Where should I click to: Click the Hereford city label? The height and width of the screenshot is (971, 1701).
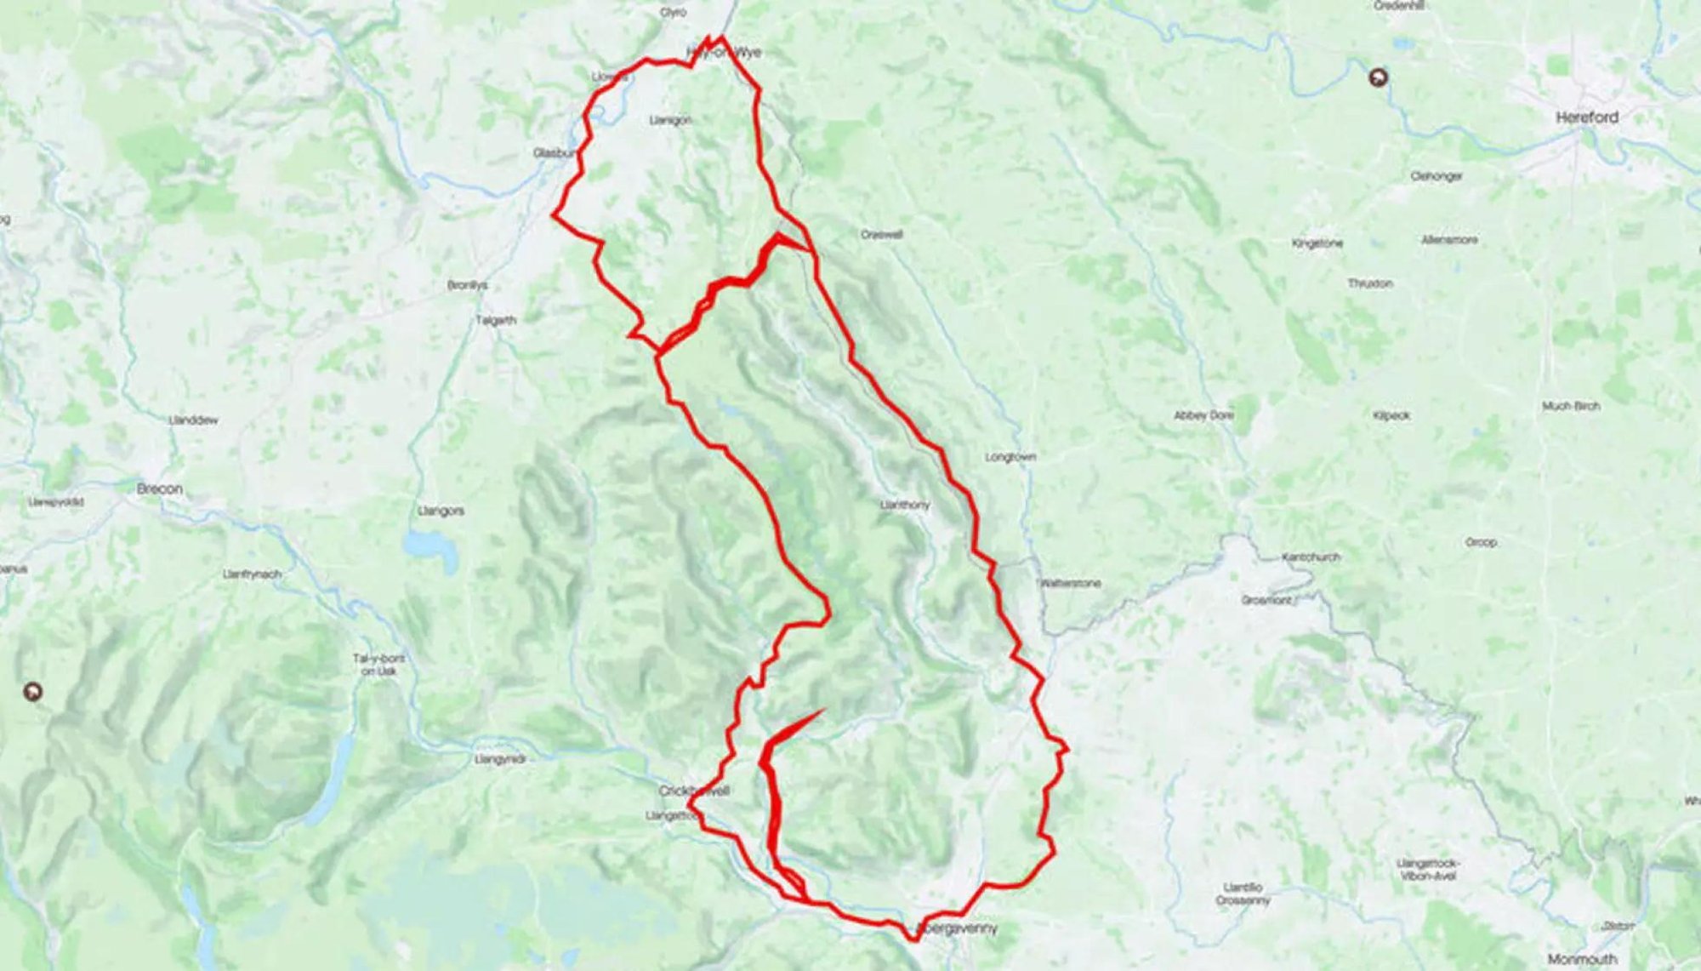coord(1586,117)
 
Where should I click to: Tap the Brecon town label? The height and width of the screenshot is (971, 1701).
coord(160,488)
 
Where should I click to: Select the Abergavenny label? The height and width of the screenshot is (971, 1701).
coord(958,928)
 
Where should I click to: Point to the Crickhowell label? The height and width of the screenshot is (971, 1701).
coord(695,791)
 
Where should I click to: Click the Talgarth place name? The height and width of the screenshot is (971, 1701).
coord(496,321)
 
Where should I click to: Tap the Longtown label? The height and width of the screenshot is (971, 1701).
coord(1010,457)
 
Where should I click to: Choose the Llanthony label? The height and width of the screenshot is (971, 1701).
coord(905,505)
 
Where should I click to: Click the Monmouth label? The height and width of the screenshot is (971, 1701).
coord(1582,959)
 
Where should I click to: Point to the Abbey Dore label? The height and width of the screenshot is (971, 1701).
coord(1203,415)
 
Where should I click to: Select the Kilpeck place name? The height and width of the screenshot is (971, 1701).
coord(1391,416)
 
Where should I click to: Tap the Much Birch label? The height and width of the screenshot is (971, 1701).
coord(1571,406)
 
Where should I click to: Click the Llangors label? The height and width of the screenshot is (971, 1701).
coord(441,511)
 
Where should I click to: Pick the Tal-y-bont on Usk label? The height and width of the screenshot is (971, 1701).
coord(378,665)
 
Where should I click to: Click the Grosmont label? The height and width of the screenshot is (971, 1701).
coord(1266,601)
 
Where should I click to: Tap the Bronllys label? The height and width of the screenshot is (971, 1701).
coord(467,285)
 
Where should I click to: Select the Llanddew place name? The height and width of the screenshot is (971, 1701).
coord(194,420)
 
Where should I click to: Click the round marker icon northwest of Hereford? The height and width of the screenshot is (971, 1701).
coord(1379,78)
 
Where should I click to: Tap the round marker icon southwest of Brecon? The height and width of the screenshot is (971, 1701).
coord(32,692)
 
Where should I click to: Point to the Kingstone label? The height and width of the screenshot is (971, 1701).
coord(1317,243)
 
